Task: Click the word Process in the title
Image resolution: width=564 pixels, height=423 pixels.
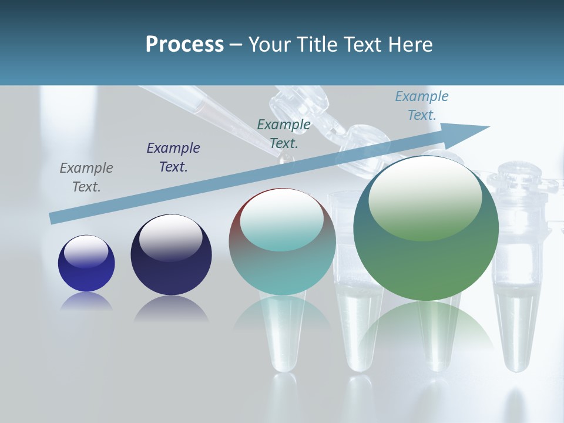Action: [x=184, y=45]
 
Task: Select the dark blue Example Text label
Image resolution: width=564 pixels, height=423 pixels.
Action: [x=173, y=157]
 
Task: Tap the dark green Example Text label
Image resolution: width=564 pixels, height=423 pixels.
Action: [x=284, y=134]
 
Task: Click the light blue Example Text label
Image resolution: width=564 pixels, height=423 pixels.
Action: [x=421, y=106]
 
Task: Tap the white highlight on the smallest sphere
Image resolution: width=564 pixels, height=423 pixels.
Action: [x=86, y=251]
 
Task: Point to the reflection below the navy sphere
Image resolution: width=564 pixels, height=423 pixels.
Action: [x=171, y=308]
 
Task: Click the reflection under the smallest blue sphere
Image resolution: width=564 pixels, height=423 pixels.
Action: [x=86, y=301]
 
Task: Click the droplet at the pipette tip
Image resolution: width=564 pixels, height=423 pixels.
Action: [x=286, y=159]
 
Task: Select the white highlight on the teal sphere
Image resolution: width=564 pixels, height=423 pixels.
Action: [x=282, y=220]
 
